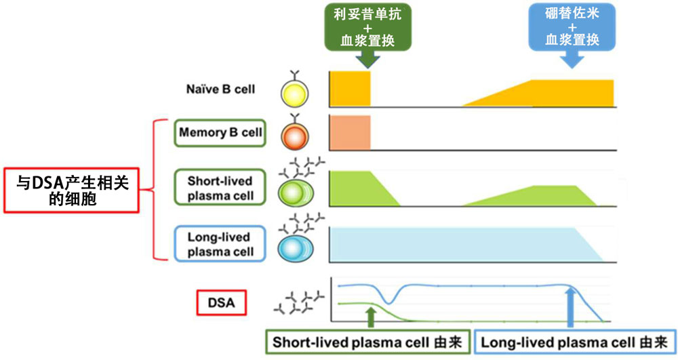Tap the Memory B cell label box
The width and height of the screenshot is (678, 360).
[x=220, y=132]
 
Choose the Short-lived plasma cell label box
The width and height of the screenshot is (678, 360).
[x=220, y=188]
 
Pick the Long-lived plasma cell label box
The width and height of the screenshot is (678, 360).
[x=220, y=244]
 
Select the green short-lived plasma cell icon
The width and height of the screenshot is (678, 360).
[x=296, y=192]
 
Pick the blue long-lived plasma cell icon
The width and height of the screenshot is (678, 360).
[x=296, y=248]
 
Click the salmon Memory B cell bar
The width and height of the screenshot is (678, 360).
[x=351, y=132]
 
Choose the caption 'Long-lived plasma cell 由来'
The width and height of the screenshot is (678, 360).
[x=574, y=342]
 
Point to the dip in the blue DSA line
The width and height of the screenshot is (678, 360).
[x=388, y=300]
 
